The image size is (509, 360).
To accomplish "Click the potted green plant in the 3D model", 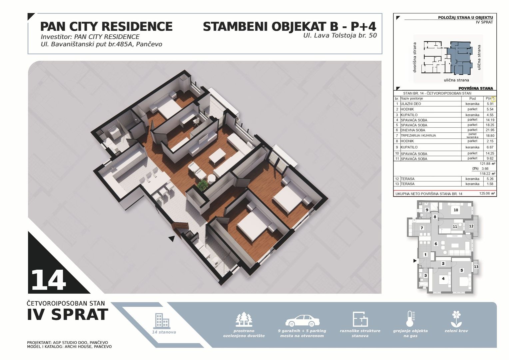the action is coord(202,185).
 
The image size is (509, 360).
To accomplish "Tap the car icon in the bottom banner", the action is coord(302,321).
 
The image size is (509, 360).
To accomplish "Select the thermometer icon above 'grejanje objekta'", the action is coord(410,319).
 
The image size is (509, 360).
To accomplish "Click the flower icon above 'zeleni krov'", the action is coord(456,319).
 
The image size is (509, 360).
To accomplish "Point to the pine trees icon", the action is coord(244,319).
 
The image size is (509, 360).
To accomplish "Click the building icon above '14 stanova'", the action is coord(162,321).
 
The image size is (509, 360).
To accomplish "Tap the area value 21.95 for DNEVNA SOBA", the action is coord(490,130).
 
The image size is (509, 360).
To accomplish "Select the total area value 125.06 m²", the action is coord(487,194).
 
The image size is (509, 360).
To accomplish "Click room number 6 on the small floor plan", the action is coord(436,244).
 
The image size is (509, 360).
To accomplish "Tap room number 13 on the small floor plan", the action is coord(476,267).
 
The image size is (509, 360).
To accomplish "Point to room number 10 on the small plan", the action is coord(456,210).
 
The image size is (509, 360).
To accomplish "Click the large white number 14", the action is coord(49,280).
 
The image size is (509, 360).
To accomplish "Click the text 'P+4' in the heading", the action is coord(363,27).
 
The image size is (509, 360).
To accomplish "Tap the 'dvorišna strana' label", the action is coord(415,58).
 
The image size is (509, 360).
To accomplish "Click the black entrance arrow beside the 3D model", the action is coord(172,239).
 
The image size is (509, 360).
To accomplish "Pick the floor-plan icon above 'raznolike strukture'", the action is coord(360,319).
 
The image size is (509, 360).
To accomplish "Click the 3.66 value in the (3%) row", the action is coord(485,169).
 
